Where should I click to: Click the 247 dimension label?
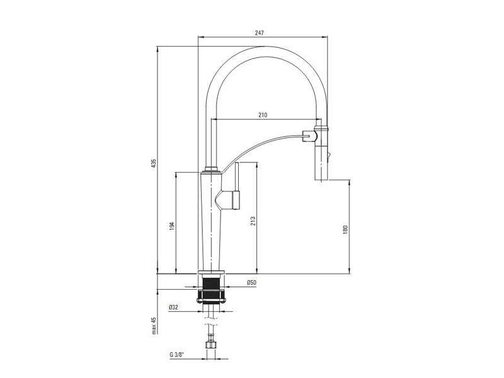(259, 33)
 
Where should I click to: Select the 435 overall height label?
(154, 163)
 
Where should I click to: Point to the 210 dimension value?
(263, 115)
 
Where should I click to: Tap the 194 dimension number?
(172, 226)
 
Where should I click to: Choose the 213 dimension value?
(253, 221)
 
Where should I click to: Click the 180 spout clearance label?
(345, 229)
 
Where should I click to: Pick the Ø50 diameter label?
(251, 282)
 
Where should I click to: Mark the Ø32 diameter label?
(173, 307)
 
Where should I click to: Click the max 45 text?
(154, 325)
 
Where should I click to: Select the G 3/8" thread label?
(177, 355)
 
